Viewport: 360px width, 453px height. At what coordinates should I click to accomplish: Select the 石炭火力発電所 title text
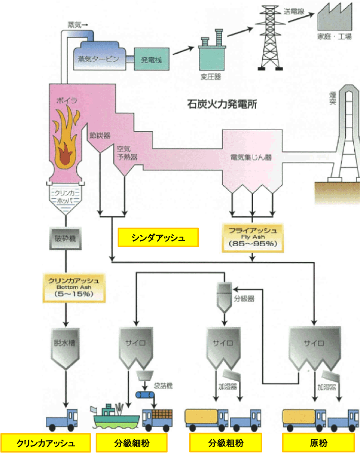[x=222, y=104]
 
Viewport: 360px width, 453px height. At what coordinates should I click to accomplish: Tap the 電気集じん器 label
[x=251, y=157]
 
